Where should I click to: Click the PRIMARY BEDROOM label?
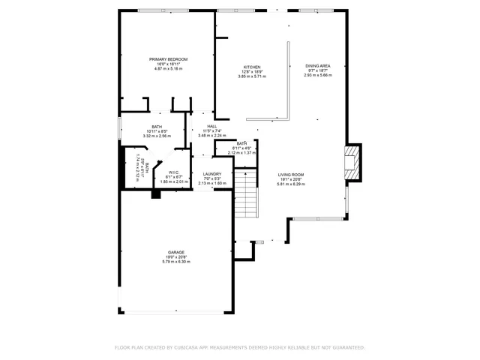click(168, 59)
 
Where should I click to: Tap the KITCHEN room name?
click(252, 67)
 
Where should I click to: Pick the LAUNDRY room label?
click(211, 174)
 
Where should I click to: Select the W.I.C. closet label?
click(173, 172)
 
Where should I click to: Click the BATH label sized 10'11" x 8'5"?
click(157, 127)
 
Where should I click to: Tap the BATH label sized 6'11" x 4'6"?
click(241, 143)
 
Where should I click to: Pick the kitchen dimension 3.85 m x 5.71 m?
click(252, 76)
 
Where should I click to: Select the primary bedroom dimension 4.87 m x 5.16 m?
click(168, 69)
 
